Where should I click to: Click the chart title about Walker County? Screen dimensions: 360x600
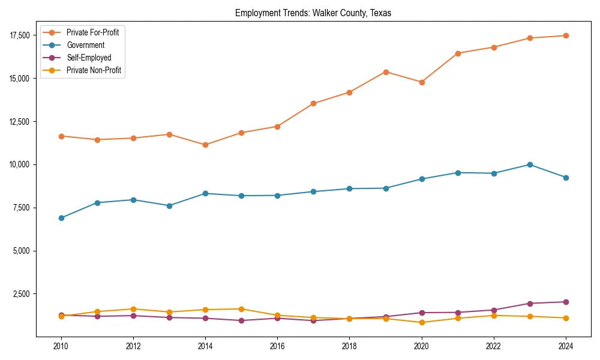click(x=313, y=13)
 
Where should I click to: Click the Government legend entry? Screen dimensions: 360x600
click(x=85, y=45)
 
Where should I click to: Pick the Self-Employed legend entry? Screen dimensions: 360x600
click(x=89, y=58)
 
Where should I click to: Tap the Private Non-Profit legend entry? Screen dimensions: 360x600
click(x=94, y=70)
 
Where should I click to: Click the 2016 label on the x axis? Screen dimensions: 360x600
click(x=277, y=346)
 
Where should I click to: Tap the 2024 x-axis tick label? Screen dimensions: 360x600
click(x=566, y=346)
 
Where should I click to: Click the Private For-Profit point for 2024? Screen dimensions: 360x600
click(x=566, y=35)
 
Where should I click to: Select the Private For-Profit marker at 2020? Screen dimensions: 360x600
click(x=422, y=82)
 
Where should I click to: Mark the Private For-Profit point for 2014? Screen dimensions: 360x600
click(x=205, y=145)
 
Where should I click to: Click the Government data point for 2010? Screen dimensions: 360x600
click(x=61, y=218)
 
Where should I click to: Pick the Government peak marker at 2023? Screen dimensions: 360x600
click(x=530, y=164)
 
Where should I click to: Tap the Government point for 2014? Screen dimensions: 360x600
click(x=205, y=193)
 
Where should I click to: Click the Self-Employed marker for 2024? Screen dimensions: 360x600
click(x=566, y=302)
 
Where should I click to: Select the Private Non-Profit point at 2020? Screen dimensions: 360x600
click(x=422, y=322)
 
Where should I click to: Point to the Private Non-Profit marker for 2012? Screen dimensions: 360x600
click(x=133, y=309)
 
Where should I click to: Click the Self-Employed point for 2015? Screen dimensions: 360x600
click(x=241, y=320)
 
